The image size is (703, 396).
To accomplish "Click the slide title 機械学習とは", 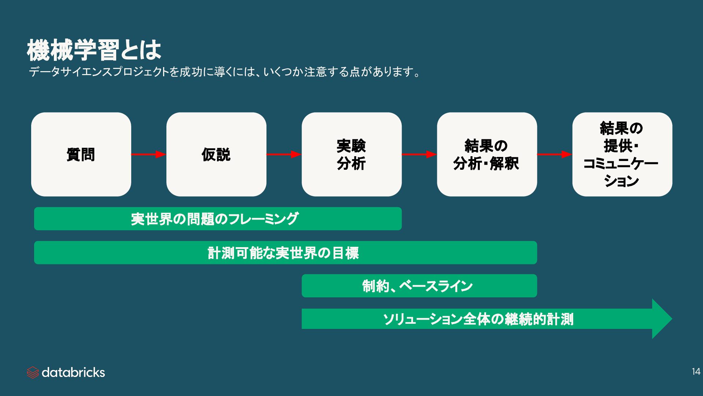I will click(x=94, y=50).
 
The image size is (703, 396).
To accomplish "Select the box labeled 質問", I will click(x=81, y=154).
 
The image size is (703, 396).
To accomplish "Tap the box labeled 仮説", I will click(x=216, y=154).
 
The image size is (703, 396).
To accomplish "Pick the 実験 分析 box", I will click(x=351, y=154).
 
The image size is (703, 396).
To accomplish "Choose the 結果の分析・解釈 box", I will click(x=487, y=154).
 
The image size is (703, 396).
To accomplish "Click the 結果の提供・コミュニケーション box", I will click(x=622, y=154).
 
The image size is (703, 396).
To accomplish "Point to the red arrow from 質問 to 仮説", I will click(x=148, y=154).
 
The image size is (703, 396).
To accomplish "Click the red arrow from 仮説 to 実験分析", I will click(x=284, y=154).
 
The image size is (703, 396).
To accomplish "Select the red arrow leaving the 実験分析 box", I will click(x=419, y=154).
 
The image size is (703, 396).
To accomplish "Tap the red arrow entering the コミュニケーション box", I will click(x=554, y=154).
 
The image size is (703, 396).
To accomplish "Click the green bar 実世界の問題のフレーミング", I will click(x=218, y=219).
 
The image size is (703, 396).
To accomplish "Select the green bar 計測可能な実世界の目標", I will click(x=285, y=253).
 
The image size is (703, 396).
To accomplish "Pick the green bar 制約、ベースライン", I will click(x=419, y=286).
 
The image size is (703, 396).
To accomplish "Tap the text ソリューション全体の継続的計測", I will click(x=478, y=319).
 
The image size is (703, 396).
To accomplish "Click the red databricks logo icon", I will click(x=33, y=373).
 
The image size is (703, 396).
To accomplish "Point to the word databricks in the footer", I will click(x=73, y=373).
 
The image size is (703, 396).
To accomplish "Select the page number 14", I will click(x=696, y=372).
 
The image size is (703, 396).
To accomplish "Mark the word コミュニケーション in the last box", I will click(x=621, y=164).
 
